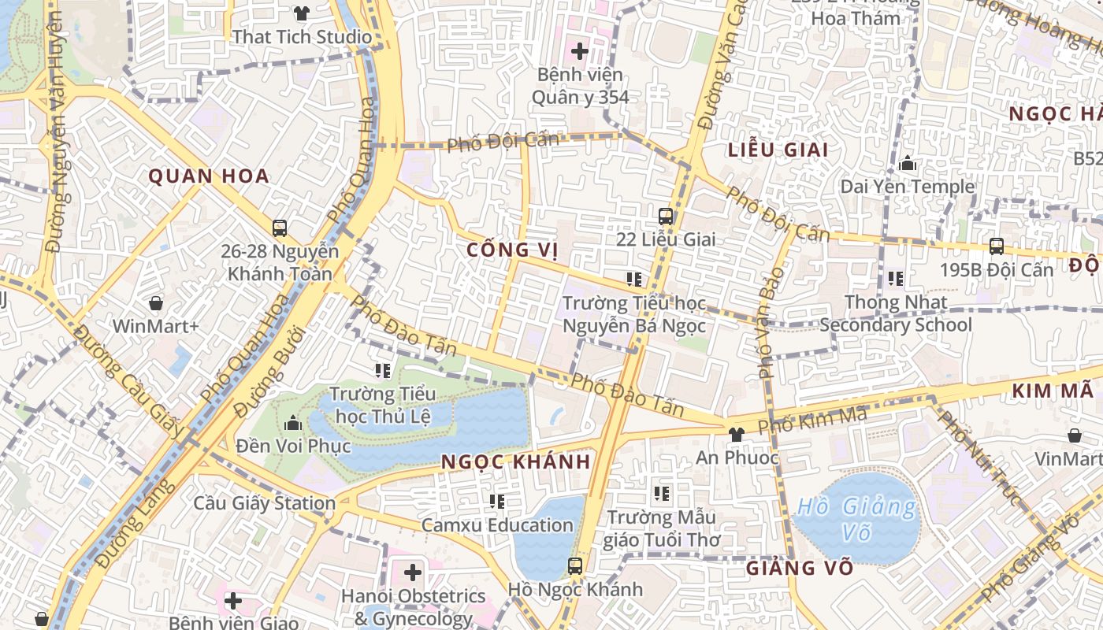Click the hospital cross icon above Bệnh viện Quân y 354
(x=580, y=52)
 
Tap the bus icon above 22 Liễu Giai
(x=666, y=216)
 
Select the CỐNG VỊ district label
(x=512, y=250)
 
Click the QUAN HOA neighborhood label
(x=210, y=176)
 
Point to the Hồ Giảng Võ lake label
(x=856, y=520)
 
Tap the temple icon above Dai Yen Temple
(x=908, y=164)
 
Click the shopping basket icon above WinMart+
(x=156, y=303)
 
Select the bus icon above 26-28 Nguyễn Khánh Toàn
(x=280, y=228)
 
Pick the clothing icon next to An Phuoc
(x=736, y=434)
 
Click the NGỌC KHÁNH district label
(x=516, y=462)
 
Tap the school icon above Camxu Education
(x=497, y=501)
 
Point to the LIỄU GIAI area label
(x=778, y=150)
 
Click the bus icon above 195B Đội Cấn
(x=996, y=246)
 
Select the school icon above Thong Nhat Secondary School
(x=896, y=279)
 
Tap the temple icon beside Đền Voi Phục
(x=293, y=424)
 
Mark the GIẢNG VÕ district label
(x=800, y=568)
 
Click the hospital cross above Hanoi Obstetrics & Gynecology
(x=413, y=573)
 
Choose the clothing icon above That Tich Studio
(x=302, y=13)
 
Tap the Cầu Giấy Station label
(x=265, y=503)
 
